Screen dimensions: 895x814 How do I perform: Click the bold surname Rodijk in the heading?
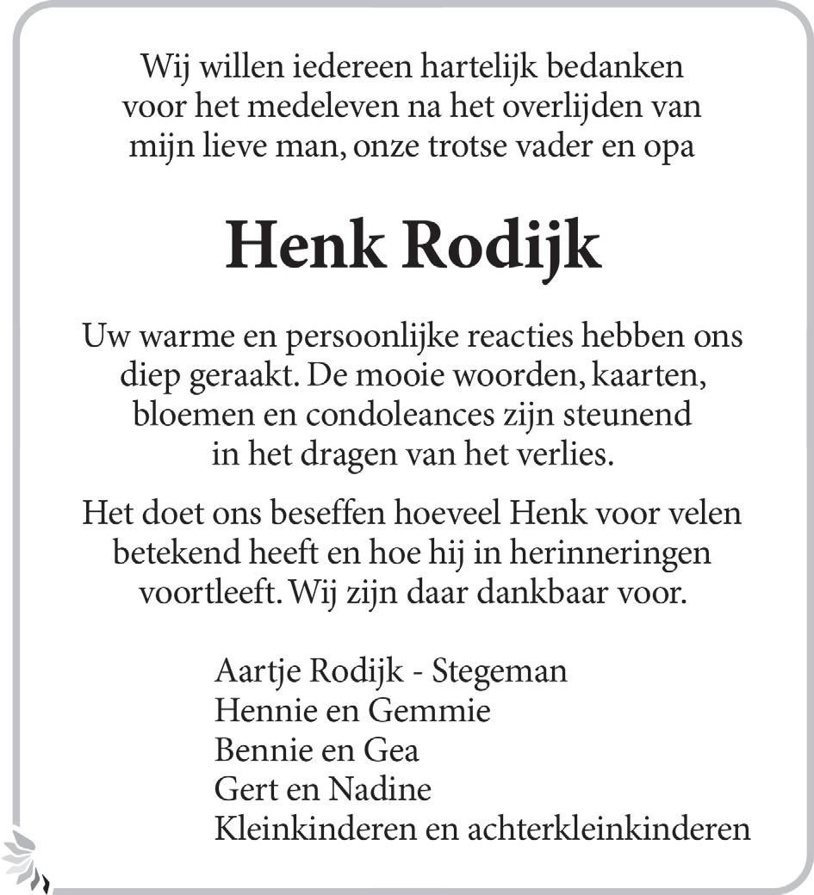501,247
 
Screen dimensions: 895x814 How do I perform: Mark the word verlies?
571,455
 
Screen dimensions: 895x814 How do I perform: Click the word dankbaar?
535,594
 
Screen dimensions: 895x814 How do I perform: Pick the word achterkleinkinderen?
609,830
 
